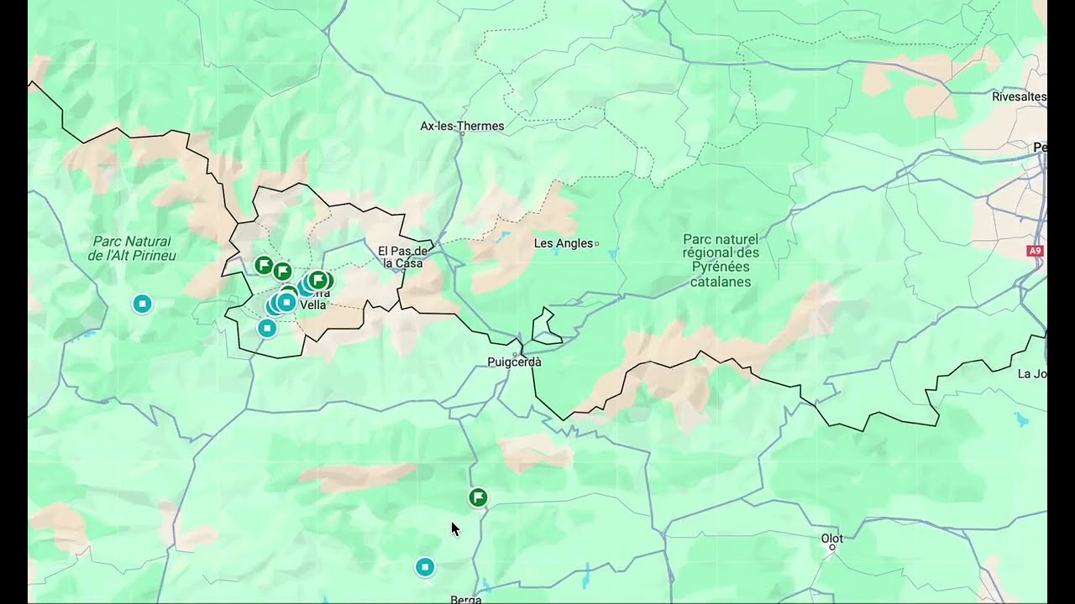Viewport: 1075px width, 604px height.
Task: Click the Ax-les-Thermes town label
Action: [x=462, y=127]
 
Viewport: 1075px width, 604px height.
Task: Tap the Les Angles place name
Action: [x=564, y=243]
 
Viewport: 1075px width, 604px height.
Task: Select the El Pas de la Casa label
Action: [x=403, y=257]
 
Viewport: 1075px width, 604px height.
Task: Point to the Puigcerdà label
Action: [x=514, y=362]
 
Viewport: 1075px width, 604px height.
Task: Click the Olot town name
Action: [x=831, y=539]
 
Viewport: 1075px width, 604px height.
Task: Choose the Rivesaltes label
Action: [x=1019, y=96]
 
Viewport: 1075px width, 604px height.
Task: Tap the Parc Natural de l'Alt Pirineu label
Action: [x=132, y=248]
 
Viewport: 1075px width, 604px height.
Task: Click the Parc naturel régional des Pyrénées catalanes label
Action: [x=721, y=260]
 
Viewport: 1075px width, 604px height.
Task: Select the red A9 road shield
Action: [x=1035, y=251]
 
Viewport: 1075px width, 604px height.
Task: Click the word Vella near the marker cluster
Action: [x=312, y=305]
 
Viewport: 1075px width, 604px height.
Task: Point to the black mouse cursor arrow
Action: [x=454, y=528]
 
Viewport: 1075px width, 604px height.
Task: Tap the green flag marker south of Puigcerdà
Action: [x=478, y=498]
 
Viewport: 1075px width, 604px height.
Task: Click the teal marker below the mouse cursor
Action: [x=425, y=567]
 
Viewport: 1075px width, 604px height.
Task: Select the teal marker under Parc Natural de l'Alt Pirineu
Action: [x=143, y=304]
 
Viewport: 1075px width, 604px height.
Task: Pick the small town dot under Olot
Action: [x=832, y=547]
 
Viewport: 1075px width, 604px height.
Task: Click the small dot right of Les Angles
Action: [x=597, y=244]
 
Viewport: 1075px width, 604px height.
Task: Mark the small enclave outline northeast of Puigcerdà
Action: [x=547, y=327]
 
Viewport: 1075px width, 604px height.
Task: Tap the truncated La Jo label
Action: [x=1030, y=373]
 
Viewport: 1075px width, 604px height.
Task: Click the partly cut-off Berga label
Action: [x=466, y=599]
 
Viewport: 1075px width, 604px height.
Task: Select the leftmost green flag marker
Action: [x=264, y=266]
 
